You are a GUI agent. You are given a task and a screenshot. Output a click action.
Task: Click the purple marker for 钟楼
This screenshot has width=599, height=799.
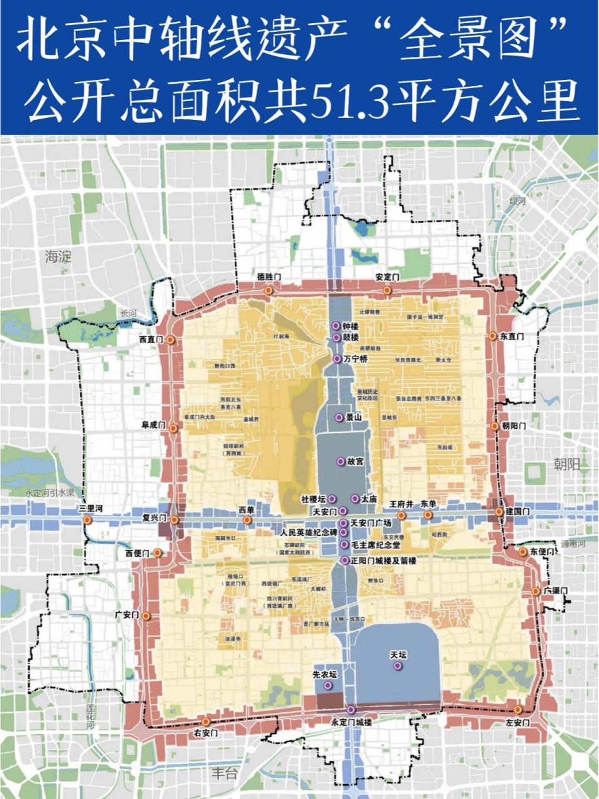tap(336, 326)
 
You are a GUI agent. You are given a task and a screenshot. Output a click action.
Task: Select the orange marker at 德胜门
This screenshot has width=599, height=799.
tap(268, 291)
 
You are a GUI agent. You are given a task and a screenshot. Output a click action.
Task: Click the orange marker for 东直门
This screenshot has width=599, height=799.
tap(493, 335)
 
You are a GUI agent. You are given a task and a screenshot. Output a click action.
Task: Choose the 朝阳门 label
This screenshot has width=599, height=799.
tap(514, 426)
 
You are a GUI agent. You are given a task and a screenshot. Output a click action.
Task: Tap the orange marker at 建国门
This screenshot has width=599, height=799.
tap(499, 512)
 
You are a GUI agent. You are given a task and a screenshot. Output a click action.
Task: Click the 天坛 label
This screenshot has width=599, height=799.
tap(398, 655)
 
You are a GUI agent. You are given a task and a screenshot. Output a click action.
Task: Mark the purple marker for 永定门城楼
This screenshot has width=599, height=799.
tap(351, 710)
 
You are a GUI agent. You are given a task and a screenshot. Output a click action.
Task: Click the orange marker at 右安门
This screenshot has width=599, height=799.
tap(206, 722)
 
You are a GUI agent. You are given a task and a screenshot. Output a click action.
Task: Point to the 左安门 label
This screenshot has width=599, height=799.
tap(518, 722)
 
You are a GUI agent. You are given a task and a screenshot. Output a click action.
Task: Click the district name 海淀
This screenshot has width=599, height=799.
tap(59, 256)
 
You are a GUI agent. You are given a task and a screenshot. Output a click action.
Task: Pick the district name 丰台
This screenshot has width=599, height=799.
tap(224, 774)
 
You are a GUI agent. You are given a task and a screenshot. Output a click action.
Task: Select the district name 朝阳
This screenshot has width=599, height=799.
tap(567, 464)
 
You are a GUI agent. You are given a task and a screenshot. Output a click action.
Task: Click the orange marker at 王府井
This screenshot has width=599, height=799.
tap(402, 515)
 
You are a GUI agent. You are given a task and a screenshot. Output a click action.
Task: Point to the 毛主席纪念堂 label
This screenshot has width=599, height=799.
tap(377, 544)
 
